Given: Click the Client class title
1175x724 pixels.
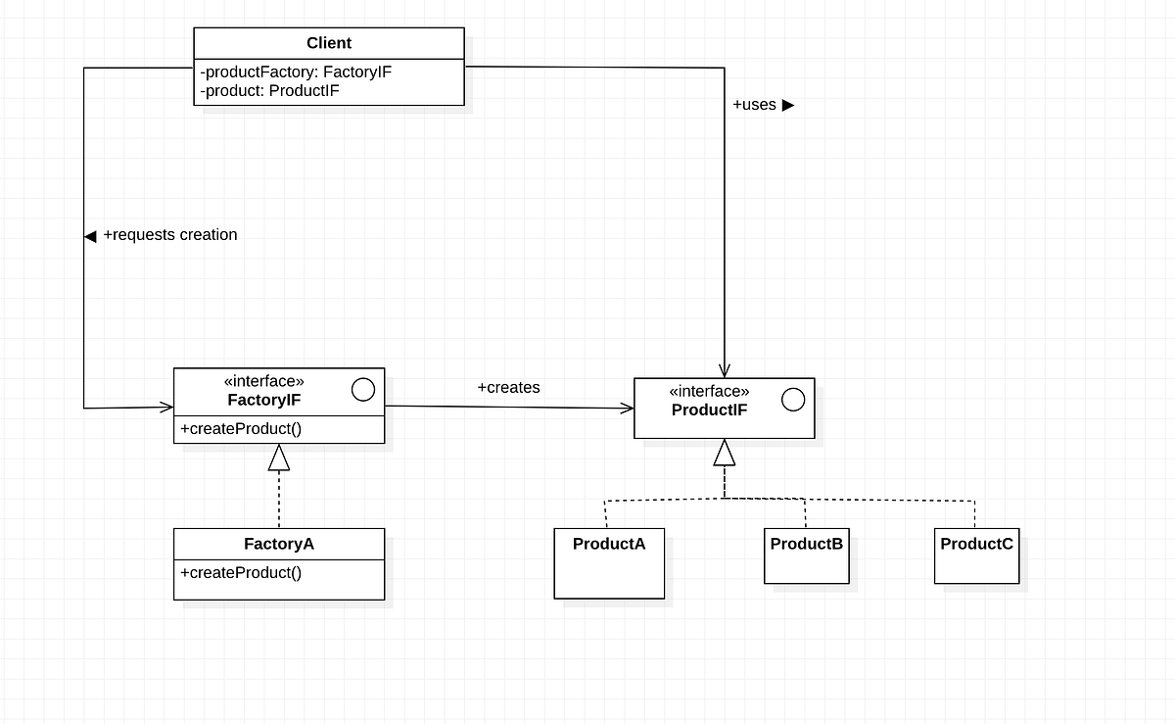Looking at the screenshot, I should [x=328, y=43].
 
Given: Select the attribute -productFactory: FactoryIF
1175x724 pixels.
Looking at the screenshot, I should [x=296, y=72].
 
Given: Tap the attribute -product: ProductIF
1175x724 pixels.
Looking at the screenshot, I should [x=269, y=90].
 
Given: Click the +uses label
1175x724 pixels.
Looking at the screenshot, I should [x=754, y=105].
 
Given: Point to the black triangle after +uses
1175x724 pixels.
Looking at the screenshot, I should [x=788, y=105].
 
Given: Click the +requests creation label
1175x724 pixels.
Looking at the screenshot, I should [x=169, y=235].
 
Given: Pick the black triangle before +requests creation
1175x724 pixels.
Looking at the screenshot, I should [x=90, y=236].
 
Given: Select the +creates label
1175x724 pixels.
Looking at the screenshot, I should [x=508, y=387].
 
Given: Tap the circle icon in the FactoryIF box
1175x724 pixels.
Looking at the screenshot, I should [x=362, y=390].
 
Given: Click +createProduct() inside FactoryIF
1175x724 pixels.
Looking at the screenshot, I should [x=241, y=428].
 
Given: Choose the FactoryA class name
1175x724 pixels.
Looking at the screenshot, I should [x=279, y=544].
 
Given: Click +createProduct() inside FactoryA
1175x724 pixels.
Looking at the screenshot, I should [x=241, y=572].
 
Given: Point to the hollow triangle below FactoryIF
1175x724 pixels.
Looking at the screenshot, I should [x=279, y=458].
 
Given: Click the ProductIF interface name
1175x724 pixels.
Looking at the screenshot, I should [x=709, y=410].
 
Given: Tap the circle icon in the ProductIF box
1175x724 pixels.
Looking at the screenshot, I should [x=793, y=400].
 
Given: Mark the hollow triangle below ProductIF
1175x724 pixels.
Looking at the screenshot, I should [x=725, y=453].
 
